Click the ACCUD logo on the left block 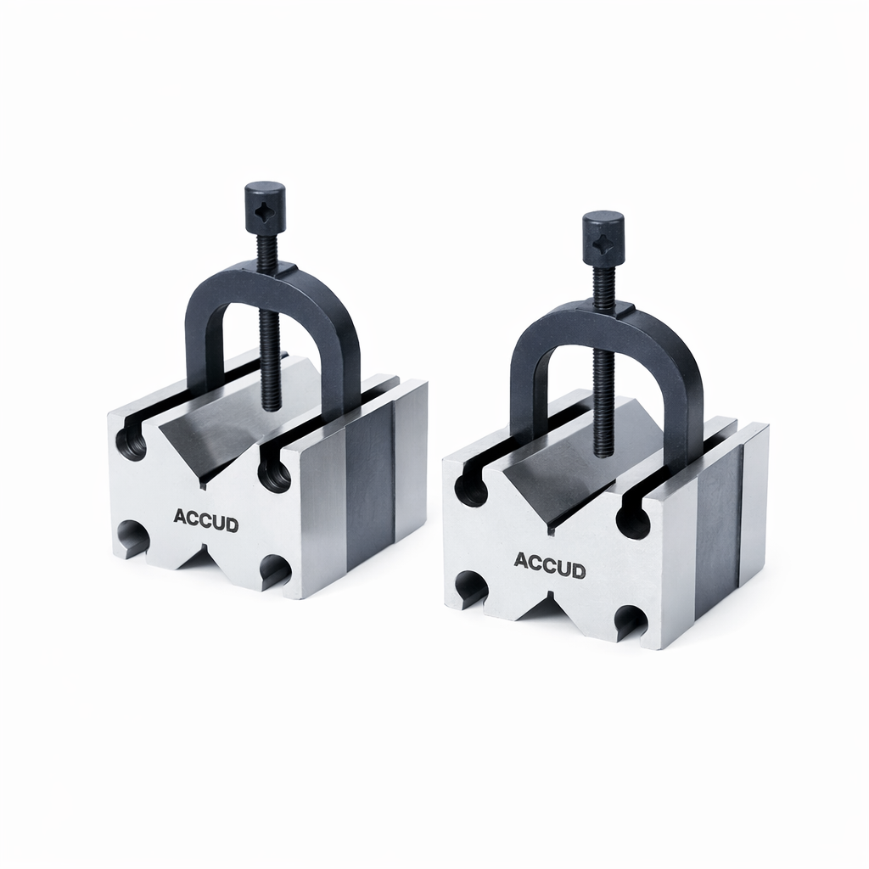coord(205,520)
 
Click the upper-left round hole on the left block coord(132,444)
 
